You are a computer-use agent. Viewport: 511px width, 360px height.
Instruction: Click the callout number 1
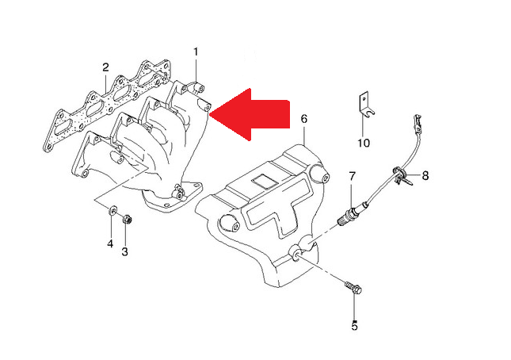point(196,52)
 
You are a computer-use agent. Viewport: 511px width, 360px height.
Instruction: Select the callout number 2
point(105,67)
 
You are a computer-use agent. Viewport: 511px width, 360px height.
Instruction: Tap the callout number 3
point(124,251)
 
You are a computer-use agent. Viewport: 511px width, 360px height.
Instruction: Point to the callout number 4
point(110,243)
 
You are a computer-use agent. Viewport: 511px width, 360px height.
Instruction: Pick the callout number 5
point(355,325)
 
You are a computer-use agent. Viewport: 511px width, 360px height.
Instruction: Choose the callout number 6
point(303,119)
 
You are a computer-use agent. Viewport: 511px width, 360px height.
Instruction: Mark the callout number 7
point(352,176)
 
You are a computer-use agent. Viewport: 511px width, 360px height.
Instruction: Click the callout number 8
point(425,176)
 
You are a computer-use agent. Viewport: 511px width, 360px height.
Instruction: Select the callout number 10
point(364,143)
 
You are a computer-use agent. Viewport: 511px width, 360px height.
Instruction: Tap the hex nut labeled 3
point(127,220)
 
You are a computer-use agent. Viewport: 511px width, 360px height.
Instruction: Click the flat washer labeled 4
point(112,210)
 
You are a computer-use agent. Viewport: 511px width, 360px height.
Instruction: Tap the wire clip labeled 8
point(401,175)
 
